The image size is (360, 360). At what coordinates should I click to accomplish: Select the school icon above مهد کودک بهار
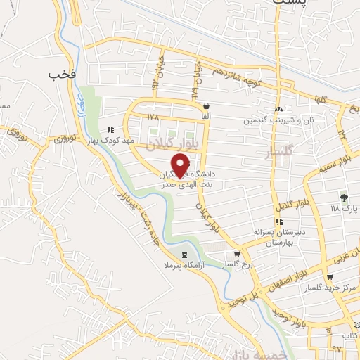(x=110, y=129)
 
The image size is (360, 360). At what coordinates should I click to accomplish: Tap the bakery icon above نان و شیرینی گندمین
(x=280, y=109)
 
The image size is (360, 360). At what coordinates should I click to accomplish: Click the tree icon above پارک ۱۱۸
(x=343, y=198)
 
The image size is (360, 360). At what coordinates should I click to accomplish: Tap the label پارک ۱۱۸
(x=345, y=209)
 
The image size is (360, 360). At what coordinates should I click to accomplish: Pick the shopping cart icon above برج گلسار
(x=238, y=255)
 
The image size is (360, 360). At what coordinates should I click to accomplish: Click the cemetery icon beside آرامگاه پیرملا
(x=184, y=255)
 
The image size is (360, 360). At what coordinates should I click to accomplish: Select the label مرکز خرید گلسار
(x=323, y=288)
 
